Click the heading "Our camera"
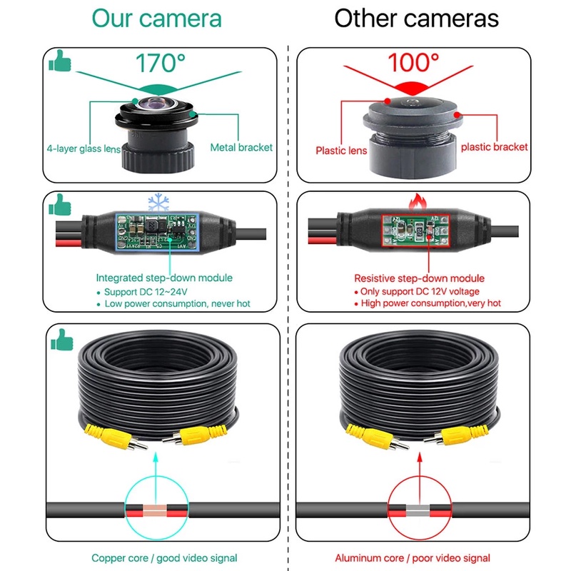coord(158,18)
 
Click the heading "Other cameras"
coord(416,18)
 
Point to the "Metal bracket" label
coord(241,147)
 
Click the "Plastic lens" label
coord(341,150)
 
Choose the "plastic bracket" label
coord(494,146)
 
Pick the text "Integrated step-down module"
coord(164,278)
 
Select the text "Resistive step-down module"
coord(419,278)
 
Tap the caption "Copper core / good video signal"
coord(164,557)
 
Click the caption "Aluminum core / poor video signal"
coord(413,557)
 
